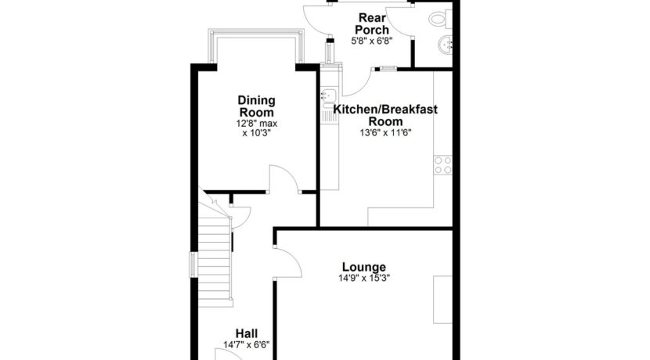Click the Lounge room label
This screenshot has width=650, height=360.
364,267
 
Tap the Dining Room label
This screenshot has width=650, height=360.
257,106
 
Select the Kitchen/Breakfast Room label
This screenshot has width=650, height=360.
385,115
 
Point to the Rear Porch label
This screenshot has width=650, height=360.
372,23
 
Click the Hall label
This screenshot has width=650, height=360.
247,333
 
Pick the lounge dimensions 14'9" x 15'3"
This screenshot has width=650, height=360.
364,278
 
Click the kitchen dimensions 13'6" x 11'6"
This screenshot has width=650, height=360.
385,132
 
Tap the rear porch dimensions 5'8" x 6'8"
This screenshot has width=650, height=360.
372,41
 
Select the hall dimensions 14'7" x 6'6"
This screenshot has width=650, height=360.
247,344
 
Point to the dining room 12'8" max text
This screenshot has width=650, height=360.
257,124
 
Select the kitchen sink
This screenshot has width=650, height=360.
330,96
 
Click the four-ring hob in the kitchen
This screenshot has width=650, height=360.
442,165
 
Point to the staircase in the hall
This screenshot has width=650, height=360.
214,255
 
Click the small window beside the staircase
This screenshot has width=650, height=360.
193,265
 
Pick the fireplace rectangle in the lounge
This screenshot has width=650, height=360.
442,300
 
